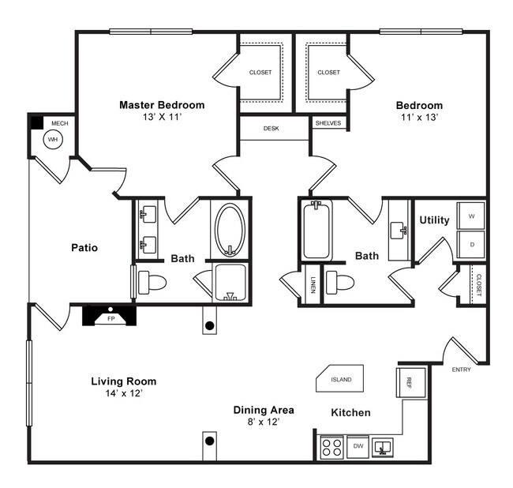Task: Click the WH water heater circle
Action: pos(53,140)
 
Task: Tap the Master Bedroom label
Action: pos(162,105)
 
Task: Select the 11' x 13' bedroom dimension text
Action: pos(420,117)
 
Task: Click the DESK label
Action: pos(272,127)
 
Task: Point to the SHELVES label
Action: pos(328,124)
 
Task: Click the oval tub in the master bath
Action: pos(230,229)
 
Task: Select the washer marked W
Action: pos(471,216)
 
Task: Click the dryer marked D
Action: pos(471,244)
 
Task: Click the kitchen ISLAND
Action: pos(341,379)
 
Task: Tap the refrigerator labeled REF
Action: pos(410,383)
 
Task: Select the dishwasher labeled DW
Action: pos(358,447)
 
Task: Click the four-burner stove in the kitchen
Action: pos(331,448)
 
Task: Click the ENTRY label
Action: pos(462,370)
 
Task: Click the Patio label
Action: pos(84,247)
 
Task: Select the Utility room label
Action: pos(434,220)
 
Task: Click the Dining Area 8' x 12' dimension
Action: pos(263,422)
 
